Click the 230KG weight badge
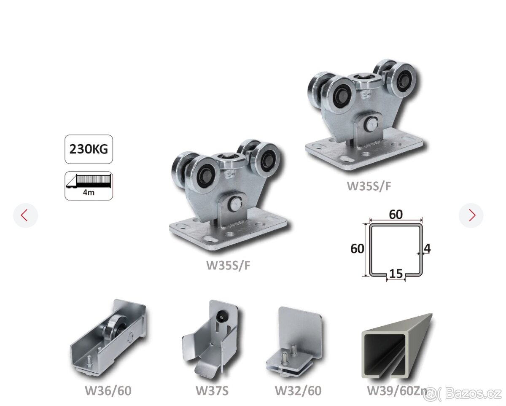click(89, 149)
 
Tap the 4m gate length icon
click(89, 186)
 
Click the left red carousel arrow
click(24, 215)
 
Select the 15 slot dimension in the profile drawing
click(396, 274)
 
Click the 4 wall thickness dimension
click(427, 248)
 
